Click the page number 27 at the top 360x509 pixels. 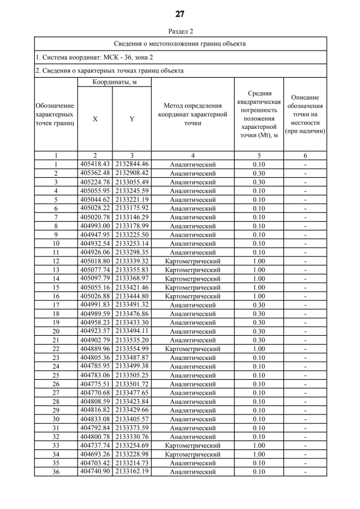180,14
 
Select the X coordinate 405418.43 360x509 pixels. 94,164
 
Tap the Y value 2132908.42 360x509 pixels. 132,173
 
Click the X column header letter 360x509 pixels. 94,119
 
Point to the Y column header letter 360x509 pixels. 132,119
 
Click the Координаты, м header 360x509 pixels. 113,82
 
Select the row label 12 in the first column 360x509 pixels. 56,261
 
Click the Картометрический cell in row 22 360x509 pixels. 193,349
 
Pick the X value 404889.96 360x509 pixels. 94,349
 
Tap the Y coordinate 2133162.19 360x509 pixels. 132,471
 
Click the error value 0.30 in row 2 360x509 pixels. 259,173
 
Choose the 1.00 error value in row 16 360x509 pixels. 259,296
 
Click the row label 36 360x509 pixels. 56,471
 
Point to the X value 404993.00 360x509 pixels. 94,226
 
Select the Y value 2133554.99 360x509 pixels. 132,349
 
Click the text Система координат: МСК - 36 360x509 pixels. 93,57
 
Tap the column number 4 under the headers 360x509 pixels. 193,156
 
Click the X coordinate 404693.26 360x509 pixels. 94,454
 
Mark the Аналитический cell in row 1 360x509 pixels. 193,165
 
